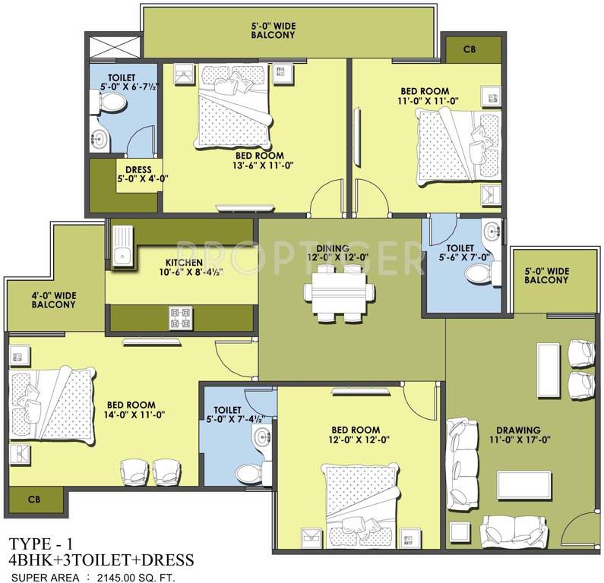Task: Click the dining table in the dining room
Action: point(340,292)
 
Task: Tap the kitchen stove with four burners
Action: point(179,317)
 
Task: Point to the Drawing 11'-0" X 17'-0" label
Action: point(519,433)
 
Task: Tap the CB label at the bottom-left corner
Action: point(33,500)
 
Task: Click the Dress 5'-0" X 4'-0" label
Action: point(142,175)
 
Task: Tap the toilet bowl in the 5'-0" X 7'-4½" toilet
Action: point(248,474)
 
